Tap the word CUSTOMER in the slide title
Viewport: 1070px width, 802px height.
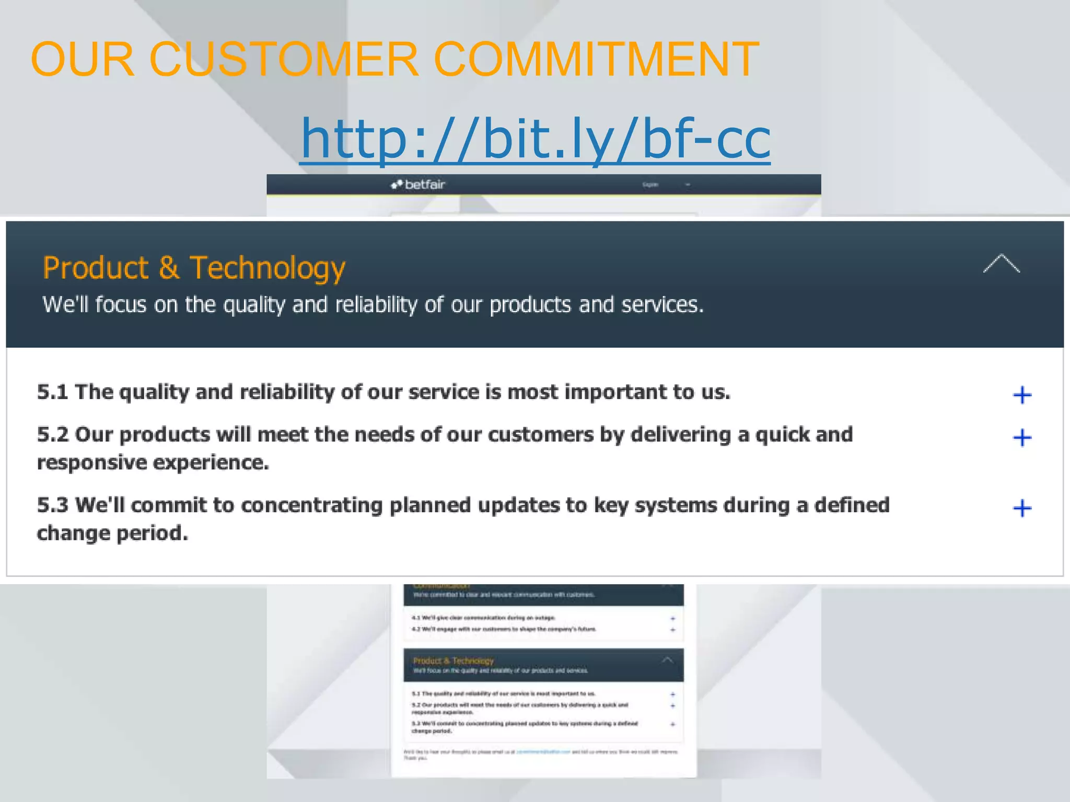284,59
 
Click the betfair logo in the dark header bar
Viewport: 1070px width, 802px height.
418,184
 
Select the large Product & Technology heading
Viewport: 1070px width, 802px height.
194,268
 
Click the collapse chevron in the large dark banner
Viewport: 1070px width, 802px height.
1001,264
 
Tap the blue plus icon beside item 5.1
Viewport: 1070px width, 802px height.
1022,395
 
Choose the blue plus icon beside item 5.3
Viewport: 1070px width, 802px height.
1022,508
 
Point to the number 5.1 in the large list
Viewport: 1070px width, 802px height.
52,392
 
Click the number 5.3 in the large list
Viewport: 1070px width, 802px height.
52,505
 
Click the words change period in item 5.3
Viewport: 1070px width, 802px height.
112,533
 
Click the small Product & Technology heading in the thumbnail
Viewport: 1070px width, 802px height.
453,661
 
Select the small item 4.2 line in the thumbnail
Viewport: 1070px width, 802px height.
504,629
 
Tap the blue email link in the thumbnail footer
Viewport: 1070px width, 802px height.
543,752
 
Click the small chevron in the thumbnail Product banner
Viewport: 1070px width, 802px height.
667,660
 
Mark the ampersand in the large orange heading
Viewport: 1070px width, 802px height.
169,268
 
